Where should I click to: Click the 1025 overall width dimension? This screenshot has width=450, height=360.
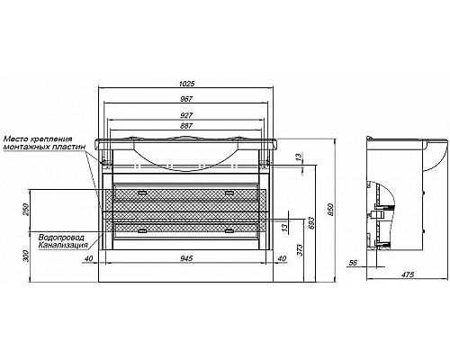pyautogui.click(x=187, y=83)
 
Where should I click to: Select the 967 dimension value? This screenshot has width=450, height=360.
pyautogui.click(x=186, y=99)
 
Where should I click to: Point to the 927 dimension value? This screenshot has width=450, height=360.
pyautogui.click(x=186, y=115)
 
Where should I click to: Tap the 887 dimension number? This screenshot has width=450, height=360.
pyautogui.click(x=186, y=126)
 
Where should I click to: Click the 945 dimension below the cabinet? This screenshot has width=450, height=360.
pyautogui.click(x=186, y=258)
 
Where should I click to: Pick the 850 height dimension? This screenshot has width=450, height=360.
pyautogui.click(x=330, y=210)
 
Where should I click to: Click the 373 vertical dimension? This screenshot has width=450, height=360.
pyautogui.click(x=301, y=250)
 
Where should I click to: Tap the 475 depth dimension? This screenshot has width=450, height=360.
pyautogui.click(x=408, y=274)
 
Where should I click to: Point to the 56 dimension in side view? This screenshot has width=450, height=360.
pyautogui.click(x=354, y=263)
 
